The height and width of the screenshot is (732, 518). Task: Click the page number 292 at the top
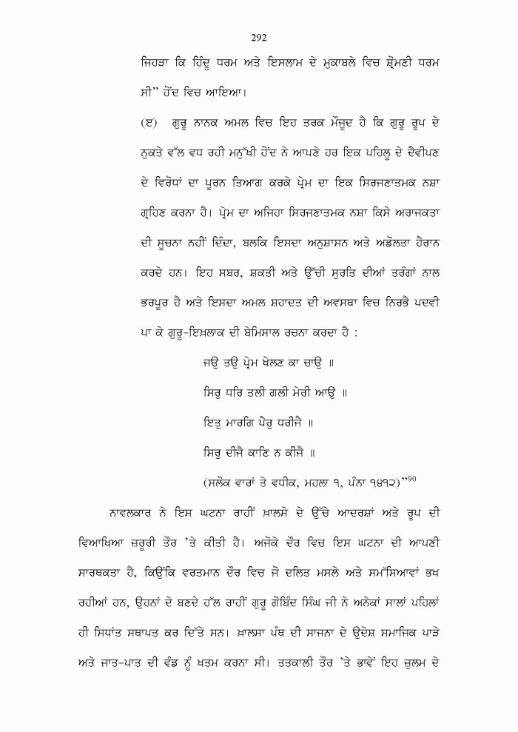[x=259, y=38]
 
